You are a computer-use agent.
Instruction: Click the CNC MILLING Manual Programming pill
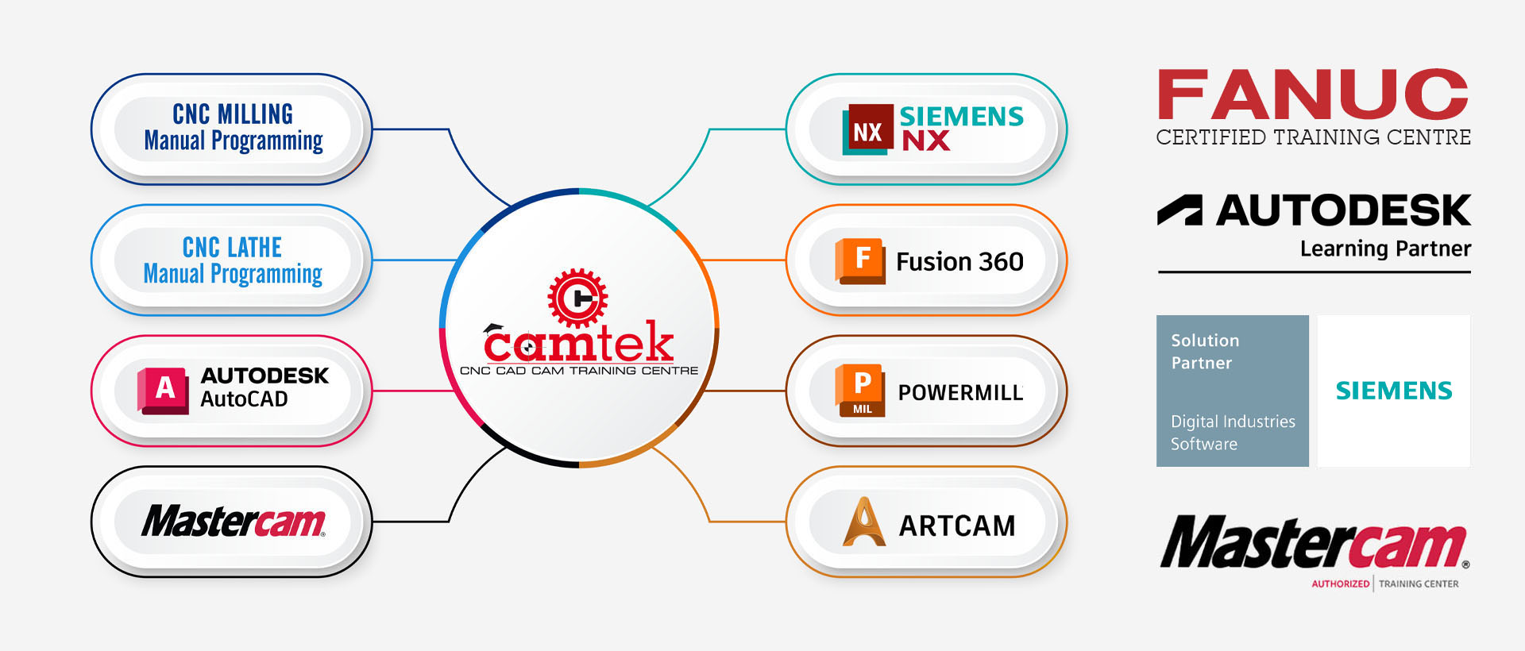click(232, 129)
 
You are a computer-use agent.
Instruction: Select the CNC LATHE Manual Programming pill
click(232, 260)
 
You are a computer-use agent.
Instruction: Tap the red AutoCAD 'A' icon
click(164, 390)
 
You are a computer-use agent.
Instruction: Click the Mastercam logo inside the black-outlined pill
click(234, 522)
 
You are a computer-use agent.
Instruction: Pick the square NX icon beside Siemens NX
click(867, 129)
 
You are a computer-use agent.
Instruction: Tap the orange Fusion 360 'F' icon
click(860, 260)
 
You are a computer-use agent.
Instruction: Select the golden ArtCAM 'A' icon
click(864, 522)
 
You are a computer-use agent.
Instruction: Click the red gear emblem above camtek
click(577, 299)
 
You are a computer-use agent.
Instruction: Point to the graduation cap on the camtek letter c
click(494, 328)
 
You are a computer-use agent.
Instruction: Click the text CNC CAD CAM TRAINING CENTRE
click(579, 371)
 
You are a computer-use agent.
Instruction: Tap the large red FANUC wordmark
click(1313, 95)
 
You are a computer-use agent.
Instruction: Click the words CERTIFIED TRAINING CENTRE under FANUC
click(1313, 137)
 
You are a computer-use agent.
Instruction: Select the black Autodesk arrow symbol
click(1179, 210)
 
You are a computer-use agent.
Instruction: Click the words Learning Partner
click(1385, 249)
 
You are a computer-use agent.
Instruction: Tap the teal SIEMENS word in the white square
click(1394, 391)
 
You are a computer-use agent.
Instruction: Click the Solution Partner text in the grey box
click(1205, 352)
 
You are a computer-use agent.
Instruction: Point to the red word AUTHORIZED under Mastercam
click(1340, 584)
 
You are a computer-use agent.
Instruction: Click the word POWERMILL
click(960, 393)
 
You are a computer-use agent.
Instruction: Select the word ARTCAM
click(957, 526)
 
